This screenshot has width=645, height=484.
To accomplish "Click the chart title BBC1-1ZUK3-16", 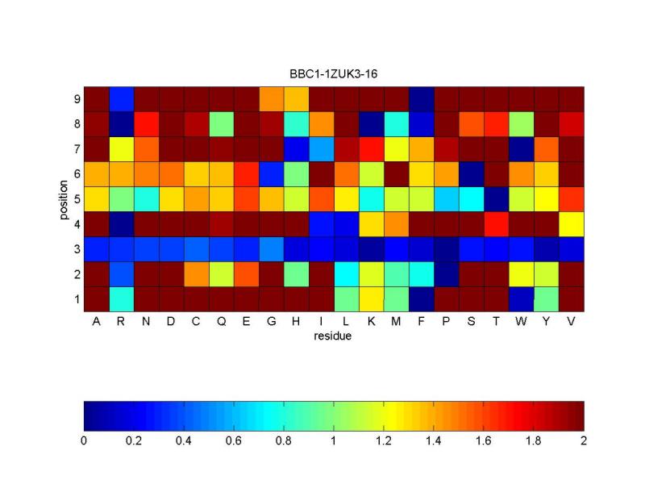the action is click(x=333, y=74).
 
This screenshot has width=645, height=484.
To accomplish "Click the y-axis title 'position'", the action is click(x=64, y=199).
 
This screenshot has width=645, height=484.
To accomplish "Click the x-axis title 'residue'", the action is click(x=333, y=336).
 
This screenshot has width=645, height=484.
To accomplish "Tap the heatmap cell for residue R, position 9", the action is click(x=122, y=99).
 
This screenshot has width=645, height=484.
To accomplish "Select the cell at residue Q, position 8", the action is click(x=222, y=124).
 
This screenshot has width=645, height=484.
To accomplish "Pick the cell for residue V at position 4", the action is click(x=572, y=224).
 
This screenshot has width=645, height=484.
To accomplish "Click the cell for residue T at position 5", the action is click(x=497, y=199).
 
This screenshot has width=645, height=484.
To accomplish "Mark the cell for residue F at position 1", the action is click(x=422, y=299).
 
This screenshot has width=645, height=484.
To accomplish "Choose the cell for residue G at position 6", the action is click(x=272, y=174).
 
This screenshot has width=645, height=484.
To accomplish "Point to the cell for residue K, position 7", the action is click(x=372, y=149).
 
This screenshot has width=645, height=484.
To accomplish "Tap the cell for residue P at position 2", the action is click(x=447, y=274).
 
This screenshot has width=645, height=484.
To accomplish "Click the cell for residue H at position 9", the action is click(x=297, y=99).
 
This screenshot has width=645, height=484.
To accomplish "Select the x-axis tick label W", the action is click(x=521, y=321).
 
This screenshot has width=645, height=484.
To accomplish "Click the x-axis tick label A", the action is click(x=96, y=321).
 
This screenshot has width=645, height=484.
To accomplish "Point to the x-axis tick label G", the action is click(x=272, y=321).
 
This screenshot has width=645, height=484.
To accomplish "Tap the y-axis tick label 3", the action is click(x=77, y=249).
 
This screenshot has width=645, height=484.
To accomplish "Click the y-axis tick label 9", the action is click(x=77, y=99).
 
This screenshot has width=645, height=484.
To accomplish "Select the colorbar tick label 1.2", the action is click(x=384, y=440).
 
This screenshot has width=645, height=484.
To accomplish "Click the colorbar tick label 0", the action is click(x=84, y=440).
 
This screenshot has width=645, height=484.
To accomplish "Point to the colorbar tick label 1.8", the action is click(x=533, y=440).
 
